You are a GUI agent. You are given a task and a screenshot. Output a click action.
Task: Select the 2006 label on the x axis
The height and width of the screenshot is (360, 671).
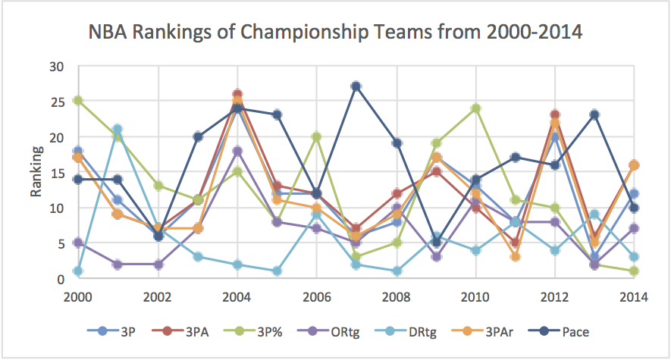[x=318, y=298]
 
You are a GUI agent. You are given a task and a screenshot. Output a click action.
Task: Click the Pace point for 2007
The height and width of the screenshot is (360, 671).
[x=356, y=86]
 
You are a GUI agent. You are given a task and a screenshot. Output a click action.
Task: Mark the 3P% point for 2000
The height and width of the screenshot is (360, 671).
[x=77, y=100]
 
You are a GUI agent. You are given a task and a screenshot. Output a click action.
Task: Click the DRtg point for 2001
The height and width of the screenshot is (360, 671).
[x=118, y=129]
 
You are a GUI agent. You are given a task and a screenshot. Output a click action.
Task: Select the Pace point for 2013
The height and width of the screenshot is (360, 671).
[x=594, y=115]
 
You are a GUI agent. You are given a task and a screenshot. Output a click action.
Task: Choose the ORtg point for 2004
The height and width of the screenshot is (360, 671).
[x=237, y=151]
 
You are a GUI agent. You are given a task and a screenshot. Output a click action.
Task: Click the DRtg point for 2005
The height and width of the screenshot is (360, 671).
[x=277, y=271]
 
